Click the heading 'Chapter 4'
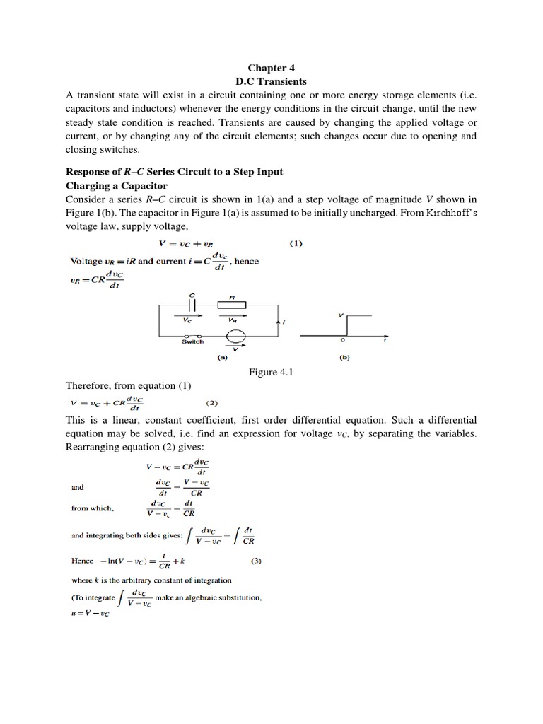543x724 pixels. [271, 69]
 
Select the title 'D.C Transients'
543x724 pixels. [271, 82]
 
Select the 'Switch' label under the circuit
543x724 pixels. [192, 341]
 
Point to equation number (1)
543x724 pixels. [296, 244]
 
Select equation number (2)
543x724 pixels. [212, 403]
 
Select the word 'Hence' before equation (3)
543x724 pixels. [82, 561]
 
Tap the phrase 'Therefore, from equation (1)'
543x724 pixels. [120, 386]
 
